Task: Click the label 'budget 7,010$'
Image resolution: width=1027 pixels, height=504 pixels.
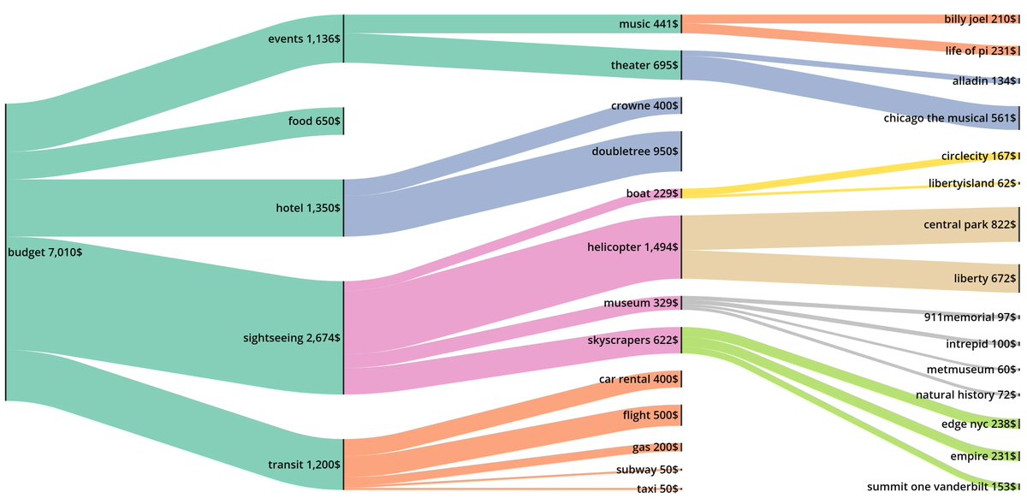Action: pos(45,252)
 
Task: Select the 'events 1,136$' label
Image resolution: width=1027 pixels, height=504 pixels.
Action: pos(304,39)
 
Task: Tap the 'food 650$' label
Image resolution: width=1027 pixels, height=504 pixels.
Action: pos(314,122)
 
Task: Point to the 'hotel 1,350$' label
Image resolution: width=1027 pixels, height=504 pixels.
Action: pos(308,208)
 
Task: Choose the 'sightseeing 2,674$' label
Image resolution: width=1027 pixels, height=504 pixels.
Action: pos(292,338)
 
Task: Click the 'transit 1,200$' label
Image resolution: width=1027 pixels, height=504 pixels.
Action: pos(304,465)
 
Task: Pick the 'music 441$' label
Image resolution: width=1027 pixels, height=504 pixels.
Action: pos(649,25)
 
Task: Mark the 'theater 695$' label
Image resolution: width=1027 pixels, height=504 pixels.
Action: pos(644,65)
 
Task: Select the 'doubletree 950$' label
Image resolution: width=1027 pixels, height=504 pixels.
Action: pos(635,151)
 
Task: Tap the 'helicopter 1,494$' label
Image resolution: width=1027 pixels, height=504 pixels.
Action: pos(633,247)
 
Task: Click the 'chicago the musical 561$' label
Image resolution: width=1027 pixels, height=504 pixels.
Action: pos(949,118)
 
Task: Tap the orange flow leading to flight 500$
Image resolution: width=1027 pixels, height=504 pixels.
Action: pos(513,436)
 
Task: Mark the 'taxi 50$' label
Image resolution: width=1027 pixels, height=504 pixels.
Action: pos(657,489)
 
